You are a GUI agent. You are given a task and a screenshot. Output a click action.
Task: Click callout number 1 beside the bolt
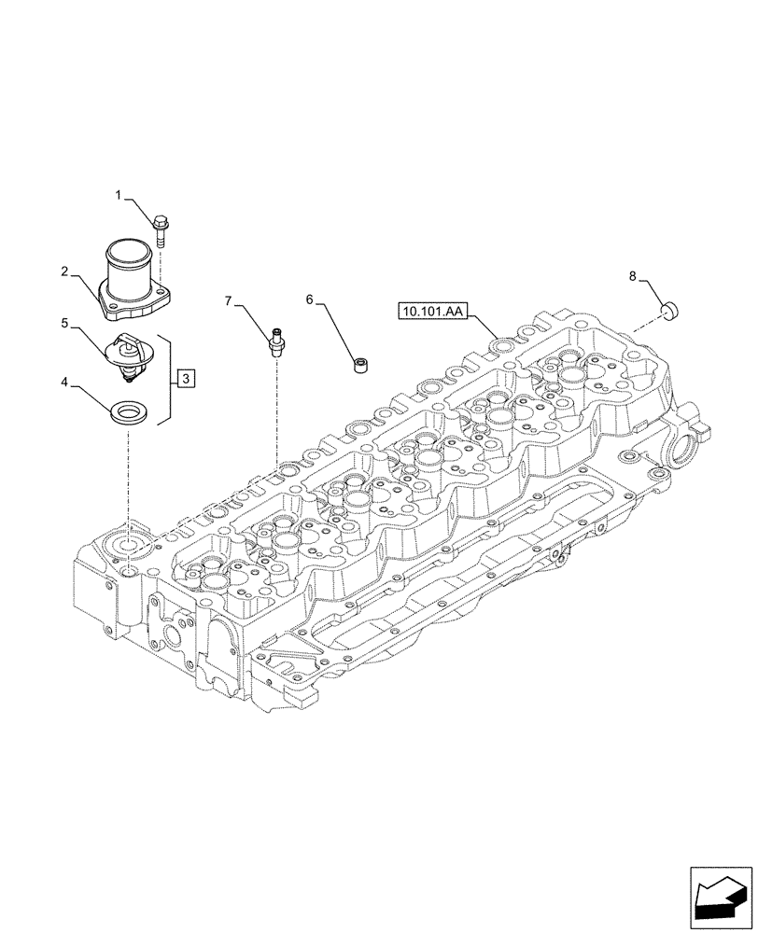(x=119, y=195)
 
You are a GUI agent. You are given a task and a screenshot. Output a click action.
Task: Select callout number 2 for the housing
(x=64, y=272)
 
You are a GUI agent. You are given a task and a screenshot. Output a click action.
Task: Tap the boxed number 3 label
(x=187, y=378)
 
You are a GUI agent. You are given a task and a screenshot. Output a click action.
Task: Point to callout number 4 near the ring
(x=64, y=382)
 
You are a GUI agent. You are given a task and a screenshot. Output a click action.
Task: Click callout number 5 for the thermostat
(x=64, y=323)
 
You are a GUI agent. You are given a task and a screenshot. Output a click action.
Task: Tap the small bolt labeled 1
(x=160, y=229)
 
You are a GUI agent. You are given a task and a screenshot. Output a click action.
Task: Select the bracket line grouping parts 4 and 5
(x=169, y=381)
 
